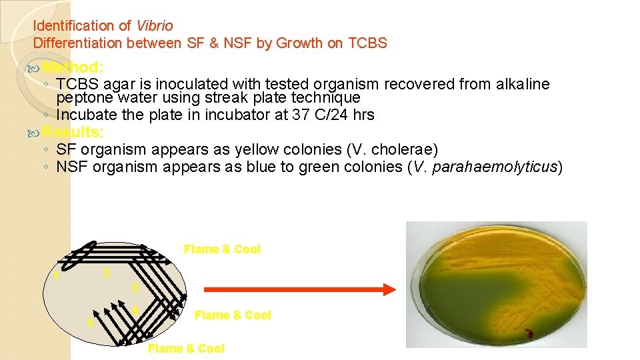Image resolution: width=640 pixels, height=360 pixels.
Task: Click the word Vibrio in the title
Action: tap(155, 26)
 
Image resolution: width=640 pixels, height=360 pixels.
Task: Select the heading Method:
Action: tap(72, 67)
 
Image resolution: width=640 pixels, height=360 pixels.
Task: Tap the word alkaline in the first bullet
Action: tap(523, 84)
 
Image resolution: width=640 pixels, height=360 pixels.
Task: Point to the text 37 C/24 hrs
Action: tap(333, 115)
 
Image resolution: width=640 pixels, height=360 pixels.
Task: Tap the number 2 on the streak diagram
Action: tap(107, 273)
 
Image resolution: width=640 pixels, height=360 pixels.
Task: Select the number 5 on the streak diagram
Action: tap(90, 323)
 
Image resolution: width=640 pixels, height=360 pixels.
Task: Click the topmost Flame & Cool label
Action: tap(222, 249)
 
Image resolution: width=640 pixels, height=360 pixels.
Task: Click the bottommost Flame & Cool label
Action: tap(186, 349)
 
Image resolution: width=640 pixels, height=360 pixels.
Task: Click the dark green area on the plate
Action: tap(467, 293)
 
